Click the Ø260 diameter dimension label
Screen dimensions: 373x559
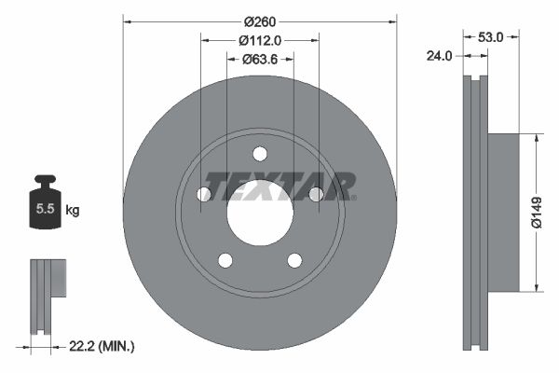click(260, 21)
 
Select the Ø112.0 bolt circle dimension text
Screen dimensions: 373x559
click(260, 40)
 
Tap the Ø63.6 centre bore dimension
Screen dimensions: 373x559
click(262, 59)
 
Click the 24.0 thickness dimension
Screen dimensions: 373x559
click(438, 56)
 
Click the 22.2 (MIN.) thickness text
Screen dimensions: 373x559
click(103, 346)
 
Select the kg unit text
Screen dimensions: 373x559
click(73, 211)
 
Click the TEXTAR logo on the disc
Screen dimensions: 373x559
click(280, 186)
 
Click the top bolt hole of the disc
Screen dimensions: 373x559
click(260, 154)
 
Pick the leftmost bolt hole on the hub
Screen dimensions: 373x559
click(204, 194)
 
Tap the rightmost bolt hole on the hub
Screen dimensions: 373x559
click(316, 194)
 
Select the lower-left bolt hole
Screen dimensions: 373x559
click(225, 260)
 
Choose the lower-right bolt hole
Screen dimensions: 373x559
click(294, 260)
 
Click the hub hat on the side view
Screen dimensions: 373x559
click(503, 213)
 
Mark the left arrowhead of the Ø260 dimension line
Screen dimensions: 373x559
click(128, 21)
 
